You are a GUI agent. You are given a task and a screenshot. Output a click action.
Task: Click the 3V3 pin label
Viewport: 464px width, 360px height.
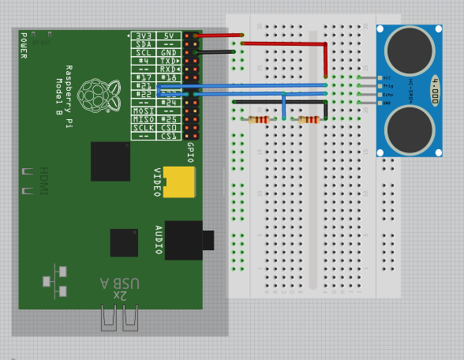coord(143,36)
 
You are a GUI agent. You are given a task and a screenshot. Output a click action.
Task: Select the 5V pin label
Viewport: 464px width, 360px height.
coord(169,36)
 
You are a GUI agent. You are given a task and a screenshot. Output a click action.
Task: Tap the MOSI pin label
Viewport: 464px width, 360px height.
coord(143,111)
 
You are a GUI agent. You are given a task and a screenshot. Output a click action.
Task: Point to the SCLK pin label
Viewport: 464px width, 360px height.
coord(143,128)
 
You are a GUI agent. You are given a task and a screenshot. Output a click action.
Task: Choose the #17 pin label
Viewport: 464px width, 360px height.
coord(143,77)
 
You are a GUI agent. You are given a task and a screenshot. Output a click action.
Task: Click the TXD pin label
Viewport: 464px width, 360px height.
coord(169,61)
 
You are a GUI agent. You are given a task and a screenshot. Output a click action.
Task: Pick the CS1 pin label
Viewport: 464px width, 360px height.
coord(169,136)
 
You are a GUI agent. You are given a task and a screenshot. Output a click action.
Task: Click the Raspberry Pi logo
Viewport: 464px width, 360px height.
coord(95,94)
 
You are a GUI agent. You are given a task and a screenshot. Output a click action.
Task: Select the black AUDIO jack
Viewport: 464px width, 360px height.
coord(185,240)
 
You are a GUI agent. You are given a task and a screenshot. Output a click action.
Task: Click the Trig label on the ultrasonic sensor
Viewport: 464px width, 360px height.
coord(387,86)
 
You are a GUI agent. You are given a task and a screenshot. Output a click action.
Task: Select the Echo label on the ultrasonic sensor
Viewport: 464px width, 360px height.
coord(387,95)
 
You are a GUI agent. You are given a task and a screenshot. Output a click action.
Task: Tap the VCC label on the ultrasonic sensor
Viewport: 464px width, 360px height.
coord(387,77)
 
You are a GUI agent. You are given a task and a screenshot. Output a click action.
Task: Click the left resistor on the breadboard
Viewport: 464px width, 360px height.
coord(259,120)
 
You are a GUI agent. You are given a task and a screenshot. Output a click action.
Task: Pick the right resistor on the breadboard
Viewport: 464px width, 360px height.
coord(309,120)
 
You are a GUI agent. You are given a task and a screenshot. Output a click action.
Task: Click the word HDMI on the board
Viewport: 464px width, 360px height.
coord(43,181)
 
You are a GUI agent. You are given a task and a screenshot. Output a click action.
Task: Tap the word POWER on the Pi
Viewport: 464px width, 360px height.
coord(23,45)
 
